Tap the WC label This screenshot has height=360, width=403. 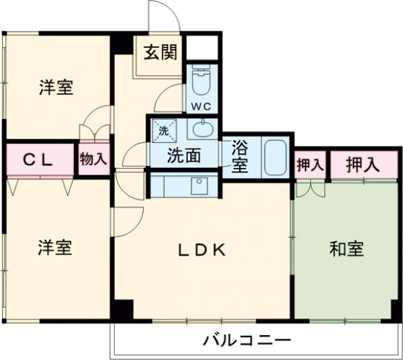tap(201, 105)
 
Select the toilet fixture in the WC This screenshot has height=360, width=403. tap(201, 82)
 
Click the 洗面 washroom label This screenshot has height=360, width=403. tap(183, 156)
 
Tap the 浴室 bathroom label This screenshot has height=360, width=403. tap(240, 156)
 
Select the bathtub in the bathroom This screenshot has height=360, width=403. tap(275, 156)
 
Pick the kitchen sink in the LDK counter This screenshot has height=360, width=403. tap(199, 185)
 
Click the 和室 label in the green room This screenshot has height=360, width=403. tap(347, 249)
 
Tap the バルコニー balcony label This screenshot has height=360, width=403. tap(247, 340)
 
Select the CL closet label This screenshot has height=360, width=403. tap(39, 160)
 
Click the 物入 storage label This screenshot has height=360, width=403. tap(93, 159)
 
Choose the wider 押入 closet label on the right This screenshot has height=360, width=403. tap(363, 164)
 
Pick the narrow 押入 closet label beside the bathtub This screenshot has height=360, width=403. tap(310, 164)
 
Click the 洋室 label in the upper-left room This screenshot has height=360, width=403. tap(56, 87)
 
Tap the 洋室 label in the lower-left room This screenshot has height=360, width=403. tap(56, 248)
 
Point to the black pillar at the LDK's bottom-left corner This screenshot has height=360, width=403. tap(122, 311)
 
